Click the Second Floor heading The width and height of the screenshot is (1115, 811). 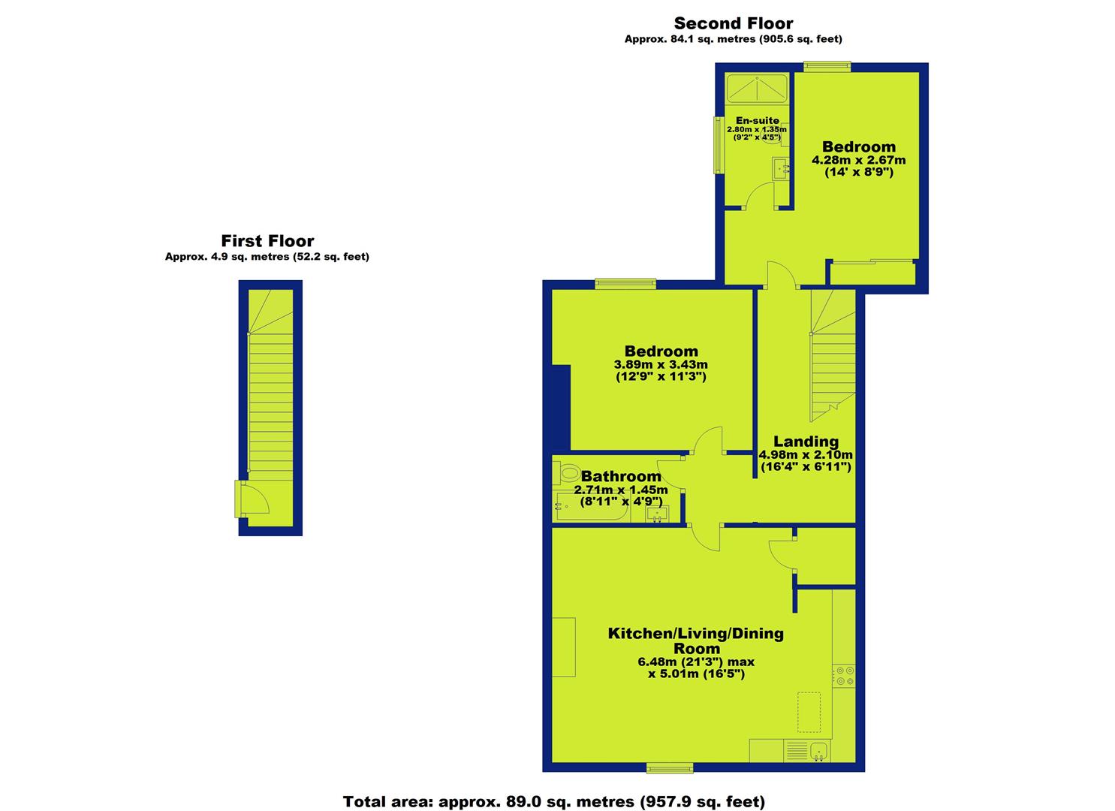click(734, 23)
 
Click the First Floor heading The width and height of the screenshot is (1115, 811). click(267, 241)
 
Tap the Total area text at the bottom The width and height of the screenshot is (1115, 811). click(554, 801)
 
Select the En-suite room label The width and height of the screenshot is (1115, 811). click(757, 120)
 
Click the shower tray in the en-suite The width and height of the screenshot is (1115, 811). click(757, 89)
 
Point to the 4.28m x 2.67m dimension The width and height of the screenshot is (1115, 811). click(859, 160)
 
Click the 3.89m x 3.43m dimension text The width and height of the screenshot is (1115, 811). click(661, 364)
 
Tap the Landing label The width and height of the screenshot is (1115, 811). click(806, 441)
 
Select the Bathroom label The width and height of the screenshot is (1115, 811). click(621, 476)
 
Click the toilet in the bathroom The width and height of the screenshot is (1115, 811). click(566, 473)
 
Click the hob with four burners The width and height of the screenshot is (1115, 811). click(845, 676)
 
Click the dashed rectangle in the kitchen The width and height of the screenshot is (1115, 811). click(809, 711)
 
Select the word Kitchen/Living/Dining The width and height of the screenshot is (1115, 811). click(696, 633)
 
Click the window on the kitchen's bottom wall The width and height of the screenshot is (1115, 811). click(670, 768)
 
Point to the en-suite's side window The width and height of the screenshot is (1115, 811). click(719, 145)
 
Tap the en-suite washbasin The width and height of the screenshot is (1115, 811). click(781, 168)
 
